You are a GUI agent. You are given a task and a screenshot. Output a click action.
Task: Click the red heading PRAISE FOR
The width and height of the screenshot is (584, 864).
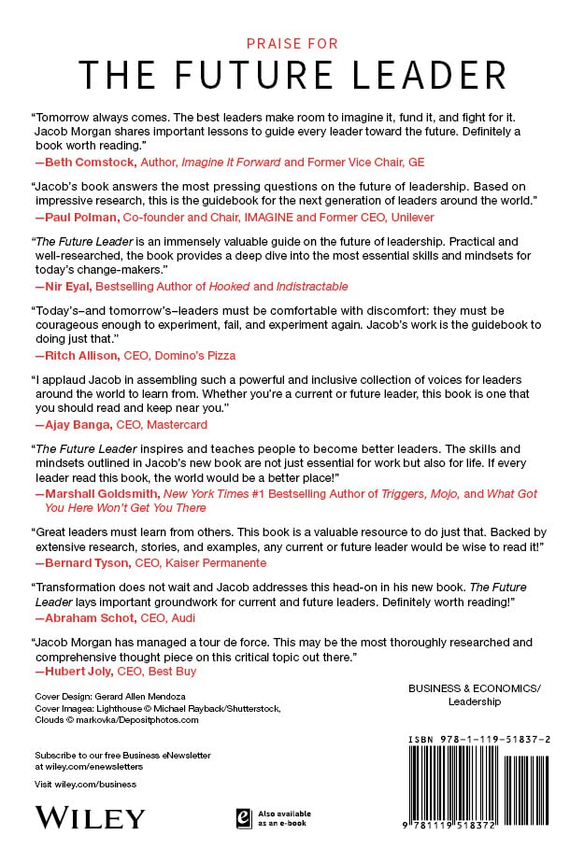click(x=292, y=43)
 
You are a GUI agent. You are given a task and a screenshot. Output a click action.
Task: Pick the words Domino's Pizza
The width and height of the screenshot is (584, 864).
click(x=212, y=355)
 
